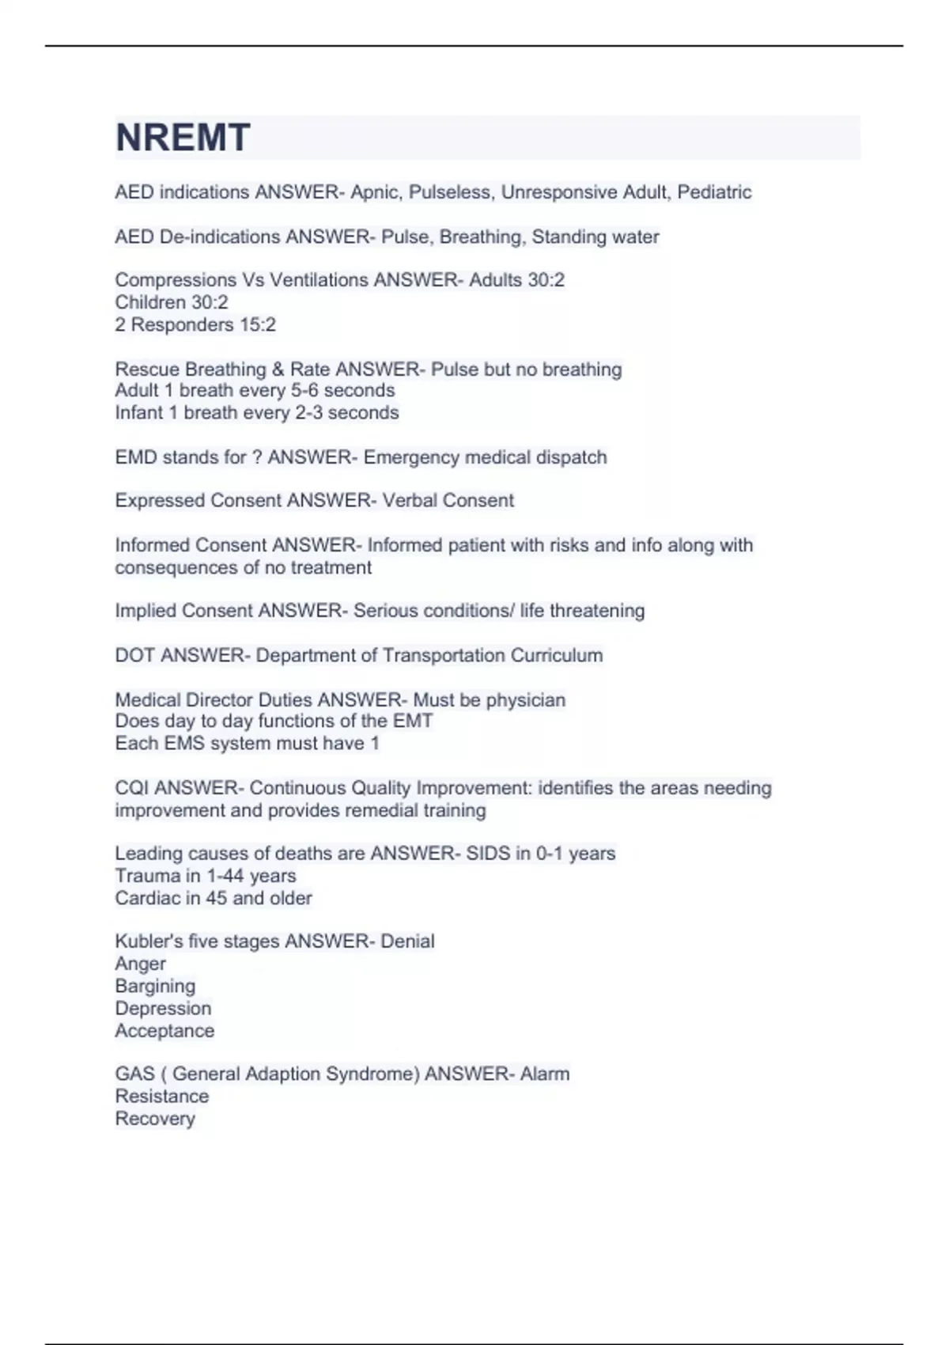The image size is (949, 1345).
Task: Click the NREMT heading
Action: click(x=183, y=138)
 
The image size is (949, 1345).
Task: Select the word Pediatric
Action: click(x=714, y=192)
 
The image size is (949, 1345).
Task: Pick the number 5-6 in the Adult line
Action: click(x=304, y=390)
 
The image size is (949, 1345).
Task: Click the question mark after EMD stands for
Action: click(x=256, y=457)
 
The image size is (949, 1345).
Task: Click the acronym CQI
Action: click(x=131, y=788)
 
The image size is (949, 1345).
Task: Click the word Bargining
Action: click(x=155, y=986)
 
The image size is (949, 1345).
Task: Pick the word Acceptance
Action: click(x=164, y=1031)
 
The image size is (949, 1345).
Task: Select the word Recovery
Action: click(x=155, y=1119)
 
